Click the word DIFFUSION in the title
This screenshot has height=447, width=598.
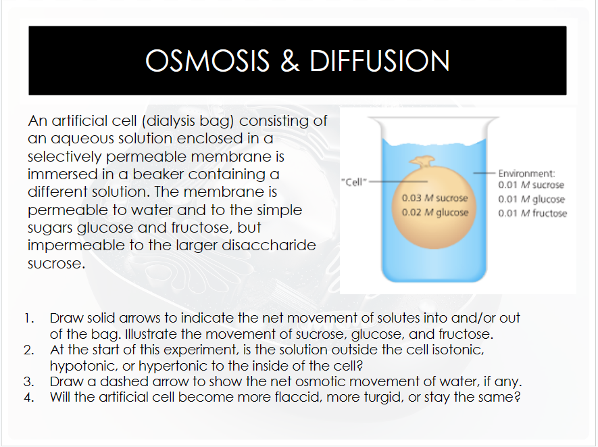pos(379,61)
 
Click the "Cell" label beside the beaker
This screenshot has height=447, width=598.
pos(355,182)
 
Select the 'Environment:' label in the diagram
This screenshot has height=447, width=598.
pos(526,173)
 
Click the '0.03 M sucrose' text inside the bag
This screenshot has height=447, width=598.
pos(434,199)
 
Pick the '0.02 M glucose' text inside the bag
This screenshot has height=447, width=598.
pos(434,212)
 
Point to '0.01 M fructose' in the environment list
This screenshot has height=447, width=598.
pos(532,214)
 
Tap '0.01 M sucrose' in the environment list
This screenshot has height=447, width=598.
pos(531,185)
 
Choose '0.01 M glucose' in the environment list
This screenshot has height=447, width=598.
pos(531,199)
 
